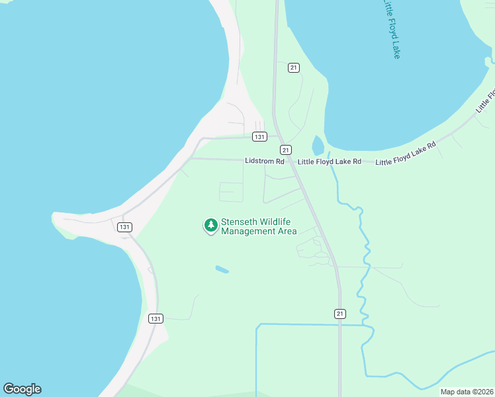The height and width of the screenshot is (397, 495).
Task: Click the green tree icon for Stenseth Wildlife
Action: [x=211, y=226]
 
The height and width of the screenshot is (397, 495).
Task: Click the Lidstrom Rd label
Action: [x=264, y=161]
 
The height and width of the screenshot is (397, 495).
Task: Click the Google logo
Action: [x=22, y=389]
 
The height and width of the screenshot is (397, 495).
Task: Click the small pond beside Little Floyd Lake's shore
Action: [x=318, y=144]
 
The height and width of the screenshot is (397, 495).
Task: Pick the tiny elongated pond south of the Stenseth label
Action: [x=222, y=270]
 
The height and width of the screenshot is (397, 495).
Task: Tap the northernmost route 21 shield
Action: [x=294, y=67]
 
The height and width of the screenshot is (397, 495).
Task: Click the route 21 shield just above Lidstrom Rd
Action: [x=285, y=150]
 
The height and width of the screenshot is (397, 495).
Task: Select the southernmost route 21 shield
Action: [x=339, y=312]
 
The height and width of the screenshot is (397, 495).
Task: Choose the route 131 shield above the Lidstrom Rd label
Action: [x=259, y=137]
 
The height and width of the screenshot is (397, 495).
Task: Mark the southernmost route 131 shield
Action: [x=156, y=318]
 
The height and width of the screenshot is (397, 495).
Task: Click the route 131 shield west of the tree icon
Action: [x=124, y=227]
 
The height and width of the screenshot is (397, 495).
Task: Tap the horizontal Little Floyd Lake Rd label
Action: [x=329, y=161]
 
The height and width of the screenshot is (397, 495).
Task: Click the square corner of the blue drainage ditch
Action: [x=257, y=325]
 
